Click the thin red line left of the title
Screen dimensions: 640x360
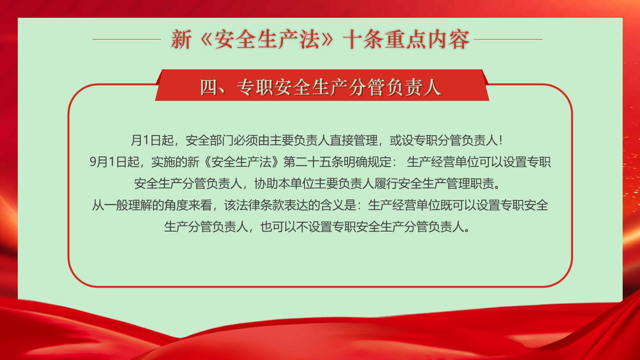click(127, 39)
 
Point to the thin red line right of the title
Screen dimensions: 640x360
click(508, 39)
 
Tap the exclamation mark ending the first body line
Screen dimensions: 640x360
click(500, 140)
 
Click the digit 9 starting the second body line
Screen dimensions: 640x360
click(93, 162)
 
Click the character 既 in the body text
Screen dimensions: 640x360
click(446, 205)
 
